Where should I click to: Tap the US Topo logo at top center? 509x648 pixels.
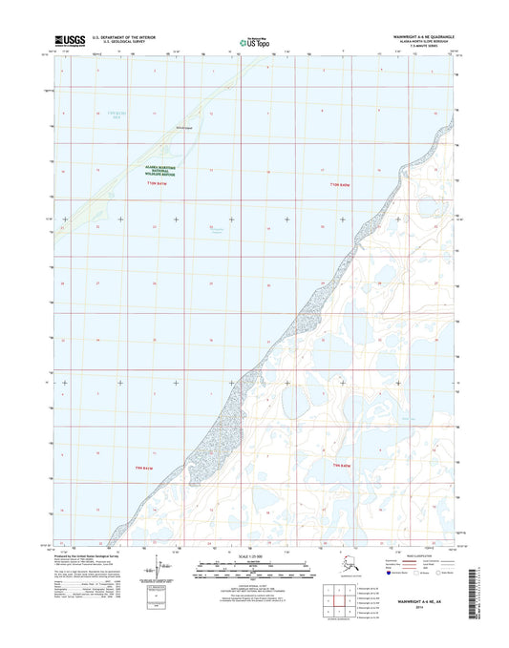coord(254,41)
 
